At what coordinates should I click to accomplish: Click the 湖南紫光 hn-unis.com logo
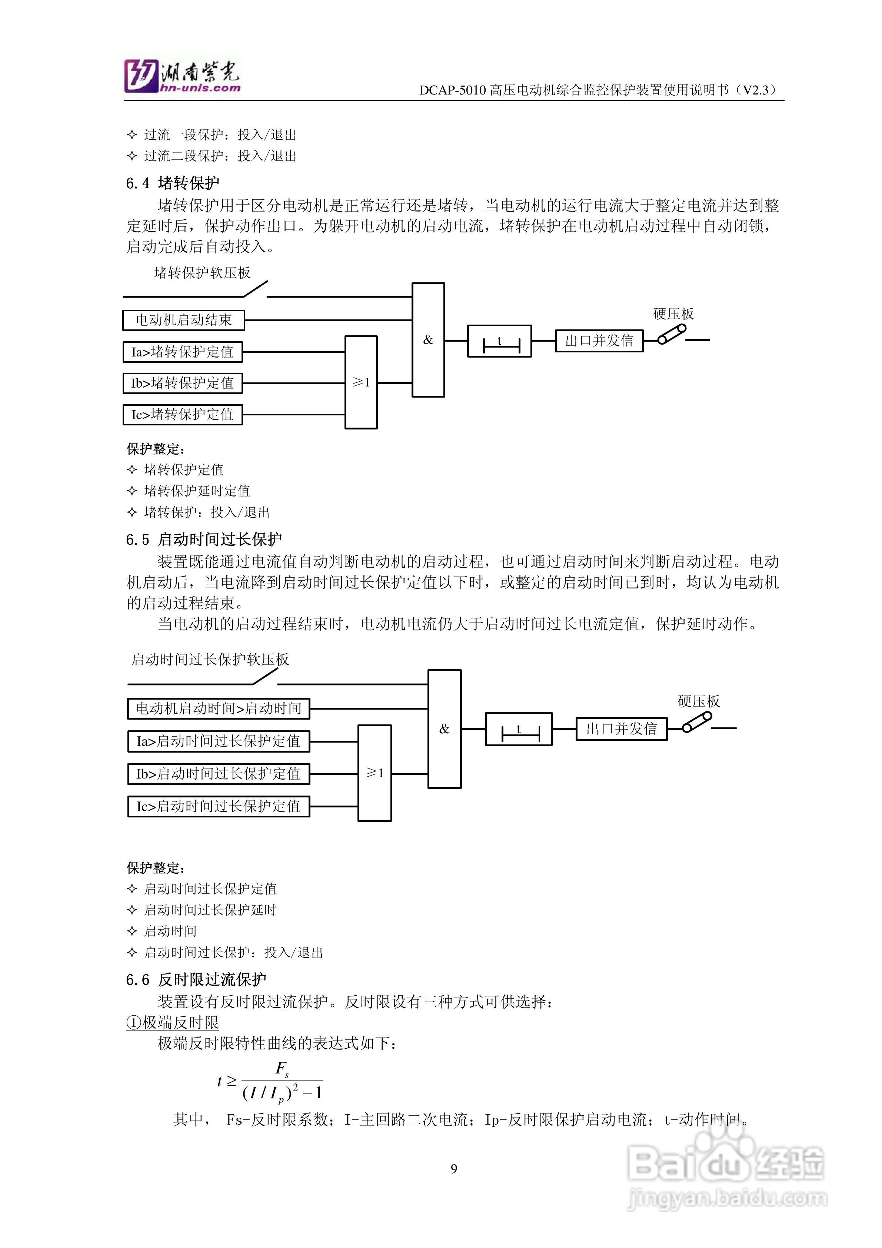(x=182, y=76)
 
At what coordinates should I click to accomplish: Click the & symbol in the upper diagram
(x=428, y=340)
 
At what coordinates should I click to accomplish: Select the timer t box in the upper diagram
(x=499, y=341)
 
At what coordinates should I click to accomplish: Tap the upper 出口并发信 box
(x=599, y=341)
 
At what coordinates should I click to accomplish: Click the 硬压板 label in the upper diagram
(x=673, y=313)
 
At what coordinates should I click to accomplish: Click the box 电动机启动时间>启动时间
(x=219, y=708)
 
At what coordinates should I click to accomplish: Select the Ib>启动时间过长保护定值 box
(x=219, y=773)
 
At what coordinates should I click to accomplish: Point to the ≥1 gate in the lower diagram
(x=375, y=772)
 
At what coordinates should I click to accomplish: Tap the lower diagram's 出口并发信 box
(x=621, y=728)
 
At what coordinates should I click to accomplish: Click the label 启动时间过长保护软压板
(x=210, y=659)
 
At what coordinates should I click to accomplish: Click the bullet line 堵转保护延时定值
(x=197, y=491)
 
